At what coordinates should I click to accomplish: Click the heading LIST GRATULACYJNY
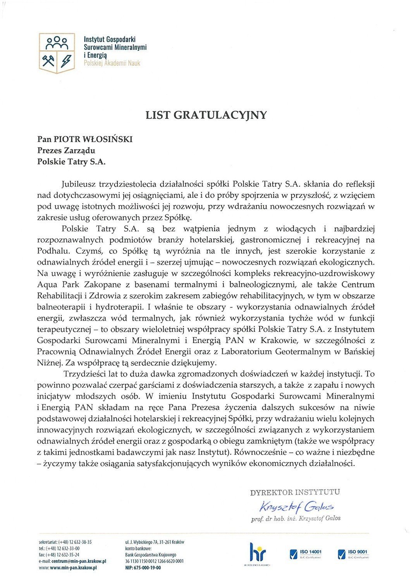point(206,115)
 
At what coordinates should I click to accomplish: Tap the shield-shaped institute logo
point(57,53)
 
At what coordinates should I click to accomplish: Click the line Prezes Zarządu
point(66,150)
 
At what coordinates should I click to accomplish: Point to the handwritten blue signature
point(297,506)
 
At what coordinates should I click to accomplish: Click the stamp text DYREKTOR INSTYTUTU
point(295,492)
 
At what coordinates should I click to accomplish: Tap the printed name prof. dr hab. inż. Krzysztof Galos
point(296,518)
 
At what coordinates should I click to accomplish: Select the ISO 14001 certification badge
point(306,553)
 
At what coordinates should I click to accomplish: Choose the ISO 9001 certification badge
point(353,553)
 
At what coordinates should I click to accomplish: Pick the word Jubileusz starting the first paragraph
point(79,184)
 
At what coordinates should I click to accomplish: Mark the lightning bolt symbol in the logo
point(66,60)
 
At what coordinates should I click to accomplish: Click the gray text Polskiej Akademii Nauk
point(112,63)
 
